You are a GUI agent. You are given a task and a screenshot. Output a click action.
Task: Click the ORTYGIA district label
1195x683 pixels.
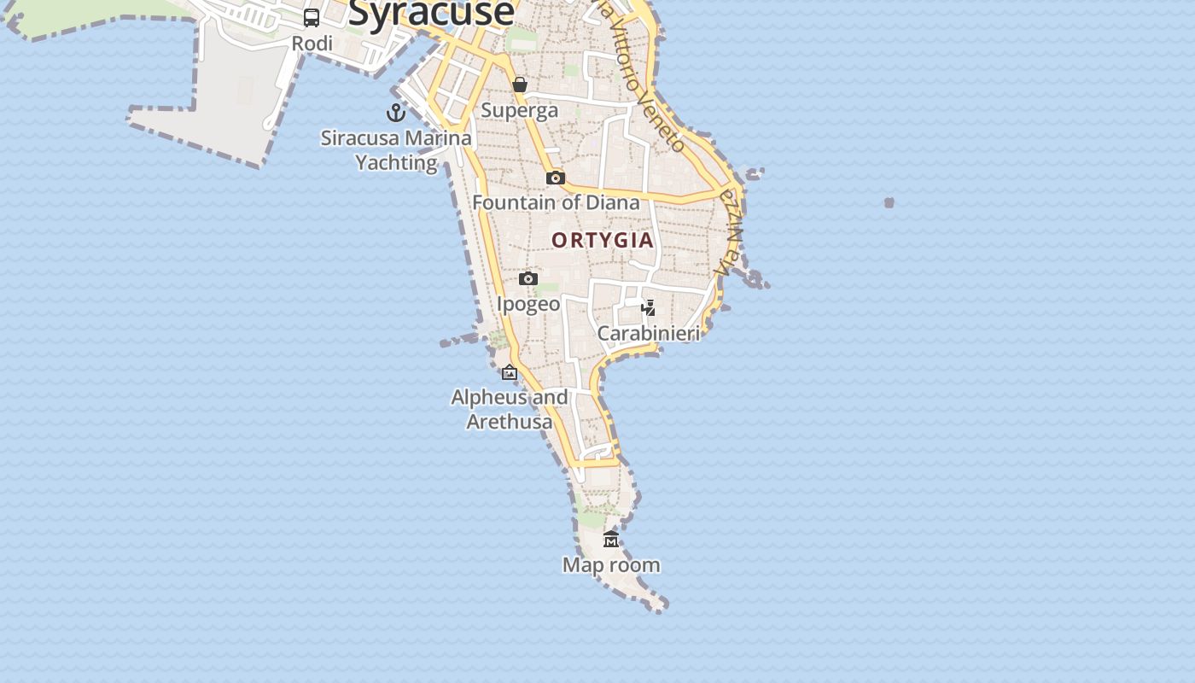click(x=603, y=240)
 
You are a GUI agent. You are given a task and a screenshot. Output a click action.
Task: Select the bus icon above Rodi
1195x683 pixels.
click(x=312, y=17)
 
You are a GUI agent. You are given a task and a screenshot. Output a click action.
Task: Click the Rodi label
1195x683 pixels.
click(x=312, y=44)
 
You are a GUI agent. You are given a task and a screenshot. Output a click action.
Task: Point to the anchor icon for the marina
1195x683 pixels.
click(x=396, y=112)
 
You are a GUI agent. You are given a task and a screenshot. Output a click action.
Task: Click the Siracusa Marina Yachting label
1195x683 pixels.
click(x=396, y=150)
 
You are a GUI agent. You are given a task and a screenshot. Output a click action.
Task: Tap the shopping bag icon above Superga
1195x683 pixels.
click(x=519, y=85)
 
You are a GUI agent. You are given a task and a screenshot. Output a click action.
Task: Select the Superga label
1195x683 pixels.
click(x=519, y=110)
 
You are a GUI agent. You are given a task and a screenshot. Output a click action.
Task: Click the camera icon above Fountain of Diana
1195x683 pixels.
click(x=556, y=178)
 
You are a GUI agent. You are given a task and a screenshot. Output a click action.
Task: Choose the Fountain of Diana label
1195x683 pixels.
click(x=556, y=202)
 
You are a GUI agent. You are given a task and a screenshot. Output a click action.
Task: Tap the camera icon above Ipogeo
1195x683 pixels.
click(x=528, y=278)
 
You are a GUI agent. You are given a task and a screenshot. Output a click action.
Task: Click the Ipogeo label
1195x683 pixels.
click(x=528, y=304)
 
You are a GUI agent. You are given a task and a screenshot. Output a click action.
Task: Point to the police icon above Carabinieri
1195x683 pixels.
click(x=649, y=307)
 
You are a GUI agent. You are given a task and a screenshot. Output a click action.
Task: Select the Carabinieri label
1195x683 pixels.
click(x=649, y=333)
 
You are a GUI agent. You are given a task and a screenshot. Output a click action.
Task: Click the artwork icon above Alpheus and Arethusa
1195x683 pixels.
click(x=510, y=372)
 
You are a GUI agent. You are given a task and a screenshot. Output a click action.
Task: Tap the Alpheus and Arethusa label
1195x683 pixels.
click(x=510, y=409)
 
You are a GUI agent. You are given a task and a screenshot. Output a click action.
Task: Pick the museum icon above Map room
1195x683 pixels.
click(x=611, y=539)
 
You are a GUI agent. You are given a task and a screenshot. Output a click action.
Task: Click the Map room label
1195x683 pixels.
click(x=611, y=564)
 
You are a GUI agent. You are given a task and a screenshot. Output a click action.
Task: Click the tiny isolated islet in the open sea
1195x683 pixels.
click(x=889, y=202)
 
